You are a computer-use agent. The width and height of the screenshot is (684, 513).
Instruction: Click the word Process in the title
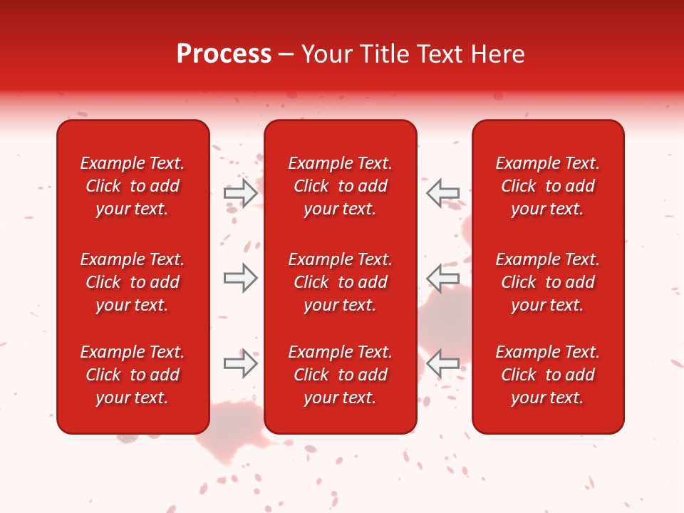pos(224,54)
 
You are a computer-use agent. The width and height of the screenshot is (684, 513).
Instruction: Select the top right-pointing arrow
pos(240,193)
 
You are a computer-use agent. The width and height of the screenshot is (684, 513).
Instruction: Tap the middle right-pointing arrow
pos(240,278)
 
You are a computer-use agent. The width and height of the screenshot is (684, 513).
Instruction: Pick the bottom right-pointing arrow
pos(240,363)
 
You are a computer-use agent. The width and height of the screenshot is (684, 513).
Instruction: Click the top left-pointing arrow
pos(442,193)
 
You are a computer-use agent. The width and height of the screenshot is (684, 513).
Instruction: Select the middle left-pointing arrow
pos(442,278)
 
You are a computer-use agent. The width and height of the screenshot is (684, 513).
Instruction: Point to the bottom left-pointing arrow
pos(442,363)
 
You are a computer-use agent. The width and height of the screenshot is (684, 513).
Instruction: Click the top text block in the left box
pos(133,186)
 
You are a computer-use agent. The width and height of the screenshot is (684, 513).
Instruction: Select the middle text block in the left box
pos(133,282)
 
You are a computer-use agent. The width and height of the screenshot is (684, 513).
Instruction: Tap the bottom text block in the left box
pos(133,375)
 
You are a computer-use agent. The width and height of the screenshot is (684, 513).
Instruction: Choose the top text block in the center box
pos(341,186)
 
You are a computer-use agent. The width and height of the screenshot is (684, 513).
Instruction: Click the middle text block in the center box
pos(341,282)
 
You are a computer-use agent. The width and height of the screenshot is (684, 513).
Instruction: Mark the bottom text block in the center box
pos(341,375)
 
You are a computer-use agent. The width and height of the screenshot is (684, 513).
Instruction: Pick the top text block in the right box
pos(548,186)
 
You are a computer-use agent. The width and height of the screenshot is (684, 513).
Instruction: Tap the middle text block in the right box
pos(548,282)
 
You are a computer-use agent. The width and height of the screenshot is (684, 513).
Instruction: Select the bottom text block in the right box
pos(548,375)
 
